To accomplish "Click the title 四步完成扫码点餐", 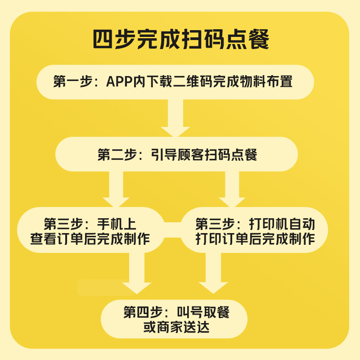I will tap(180, 40).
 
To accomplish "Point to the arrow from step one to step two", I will tap(175, 118).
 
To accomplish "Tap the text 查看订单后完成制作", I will tap(90, 238).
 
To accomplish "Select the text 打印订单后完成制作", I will tap(255, 238).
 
